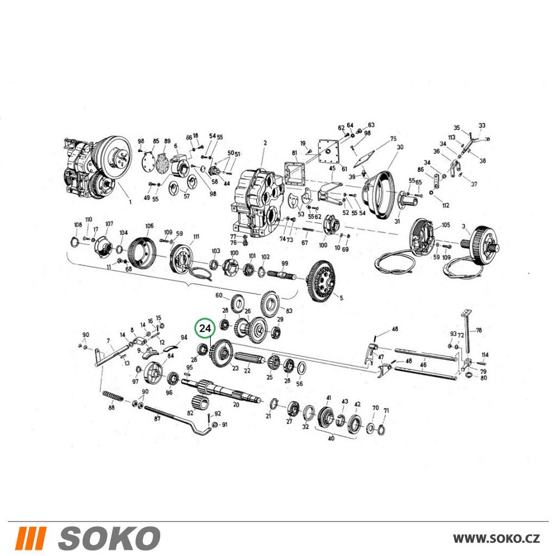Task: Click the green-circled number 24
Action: pyautogui.click(x=205, y=329)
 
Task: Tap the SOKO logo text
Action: pyautogui.click(x=109, y=538)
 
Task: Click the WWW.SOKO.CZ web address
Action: pyautogui.click(x=497, y=538)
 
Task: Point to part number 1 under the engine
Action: pyautogui.click(x=130, y=202)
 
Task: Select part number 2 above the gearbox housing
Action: pyautogui.click(x=265, y=143)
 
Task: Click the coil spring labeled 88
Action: pyautogui.click(x=113, y=396)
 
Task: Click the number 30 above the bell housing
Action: pyautogui.click(x=400, y=147)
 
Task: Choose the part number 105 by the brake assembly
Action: pyautogui.click(x=446, y=225)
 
